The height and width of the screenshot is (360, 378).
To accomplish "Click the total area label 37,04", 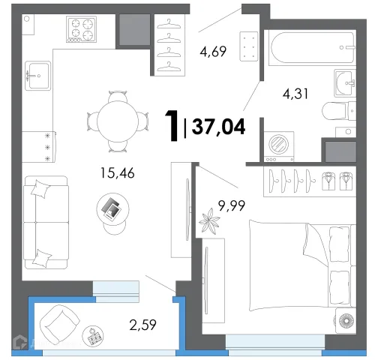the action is [218, 127].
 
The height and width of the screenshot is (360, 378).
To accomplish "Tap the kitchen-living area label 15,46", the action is [117, 172].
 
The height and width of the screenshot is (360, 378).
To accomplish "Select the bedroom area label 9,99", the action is [232, 205].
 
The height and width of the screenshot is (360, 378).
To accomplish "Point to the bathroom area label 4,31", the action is [295, 94].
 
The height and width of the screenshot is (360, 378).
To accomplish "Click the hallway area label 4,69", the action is [213, 52].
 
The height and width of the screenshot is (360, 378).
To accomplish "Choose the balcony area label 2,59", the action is [142, 325].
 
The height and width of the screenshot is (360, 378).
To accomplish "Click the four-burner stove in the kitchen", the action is [82, 29].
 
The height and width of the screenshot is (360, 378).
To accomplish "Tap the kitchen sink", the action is [38, 76].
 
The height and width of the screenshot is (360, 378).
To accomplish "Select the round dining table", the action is [118, 121].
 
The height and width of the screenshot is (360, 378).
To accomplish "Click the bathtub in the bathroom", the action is [313, 48].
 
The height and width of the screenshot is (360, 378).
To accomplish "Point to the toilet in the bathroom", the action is [339, 111].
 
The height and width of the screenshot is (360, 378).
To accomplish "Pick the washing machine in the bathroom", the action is [279, 147].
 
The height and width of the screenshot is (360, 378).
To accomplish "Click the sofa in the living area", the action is [46, 222].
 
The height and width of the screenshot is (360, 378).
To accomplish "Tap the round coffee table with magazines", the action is [112, 209].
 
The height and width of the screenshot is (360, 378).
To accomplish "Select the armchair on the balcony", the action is [59, 324].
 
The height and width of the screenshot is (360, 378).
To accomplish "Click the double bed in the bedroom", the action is [302, 265].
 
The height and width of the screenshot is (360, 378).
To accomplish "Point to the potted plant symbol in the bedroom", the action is [209, 221].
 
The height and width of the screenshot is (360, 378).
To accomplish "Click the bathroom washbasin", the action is [345, 82].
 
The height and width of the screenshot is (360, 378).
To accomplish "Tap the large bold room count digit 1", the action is [172, 126].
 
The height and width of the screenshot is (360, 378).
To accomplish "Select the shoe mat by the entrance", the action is [248, 46].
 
